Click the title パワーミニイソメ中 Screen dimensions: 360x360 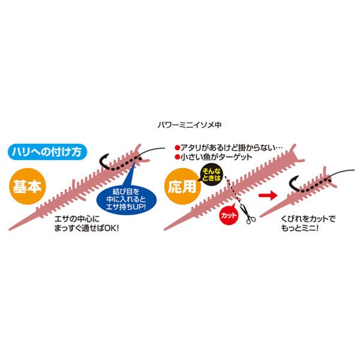190,125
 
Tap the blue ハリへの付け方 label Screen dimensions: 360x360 47,152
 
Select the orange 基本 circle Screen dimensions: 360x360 28,186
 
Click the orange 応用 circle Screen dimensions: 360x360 182,186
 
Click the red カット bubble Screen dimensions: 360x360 229,215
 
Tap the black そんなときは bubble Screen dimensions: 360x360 211,175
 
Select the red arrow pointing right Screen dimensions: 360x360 268,196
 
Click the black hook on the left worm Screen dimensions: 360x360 106,161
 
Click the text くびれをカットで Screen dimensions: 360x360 308,219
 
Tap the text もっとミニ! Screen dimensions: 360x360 299,228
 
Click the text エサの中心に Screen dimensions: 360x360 77,219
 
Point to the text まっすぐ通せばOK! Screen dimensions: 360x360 86,228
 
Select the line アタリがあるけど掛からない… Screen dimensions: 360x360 232,148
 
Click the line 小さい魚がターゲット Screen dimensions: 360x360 216,157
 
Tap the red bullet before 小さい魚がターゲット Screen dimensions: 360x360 177,157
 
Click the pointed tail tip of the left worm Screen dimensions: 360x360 10,229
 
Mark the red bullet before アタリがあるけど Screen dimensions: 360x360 177,148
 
